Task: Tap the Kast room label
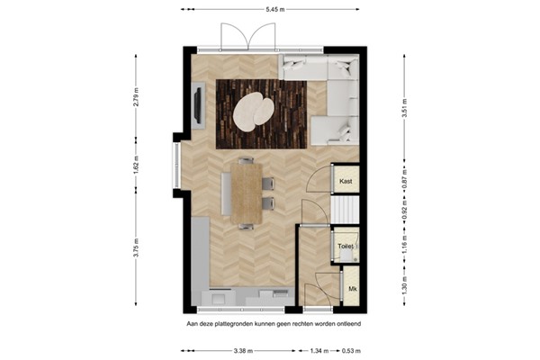[x=345, y=181]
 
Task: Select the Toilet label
[x=345, y=246]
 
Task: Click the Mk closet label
[x=352, y=289]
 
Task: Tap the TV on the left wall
[x=195, y=109]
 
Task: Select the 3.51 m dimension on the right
[x=404, y=107]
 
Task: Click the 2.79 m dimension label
[x=137, y=97]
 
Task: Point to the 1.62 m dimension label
[x=137, y=165]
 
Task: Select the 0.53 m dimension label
[x=362, y=350]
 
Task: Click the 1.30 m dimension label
[x=404, y=287]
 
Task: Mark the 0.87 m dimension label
[x=404, y=178]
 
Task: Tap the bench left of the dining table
[x=225, y=192]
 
